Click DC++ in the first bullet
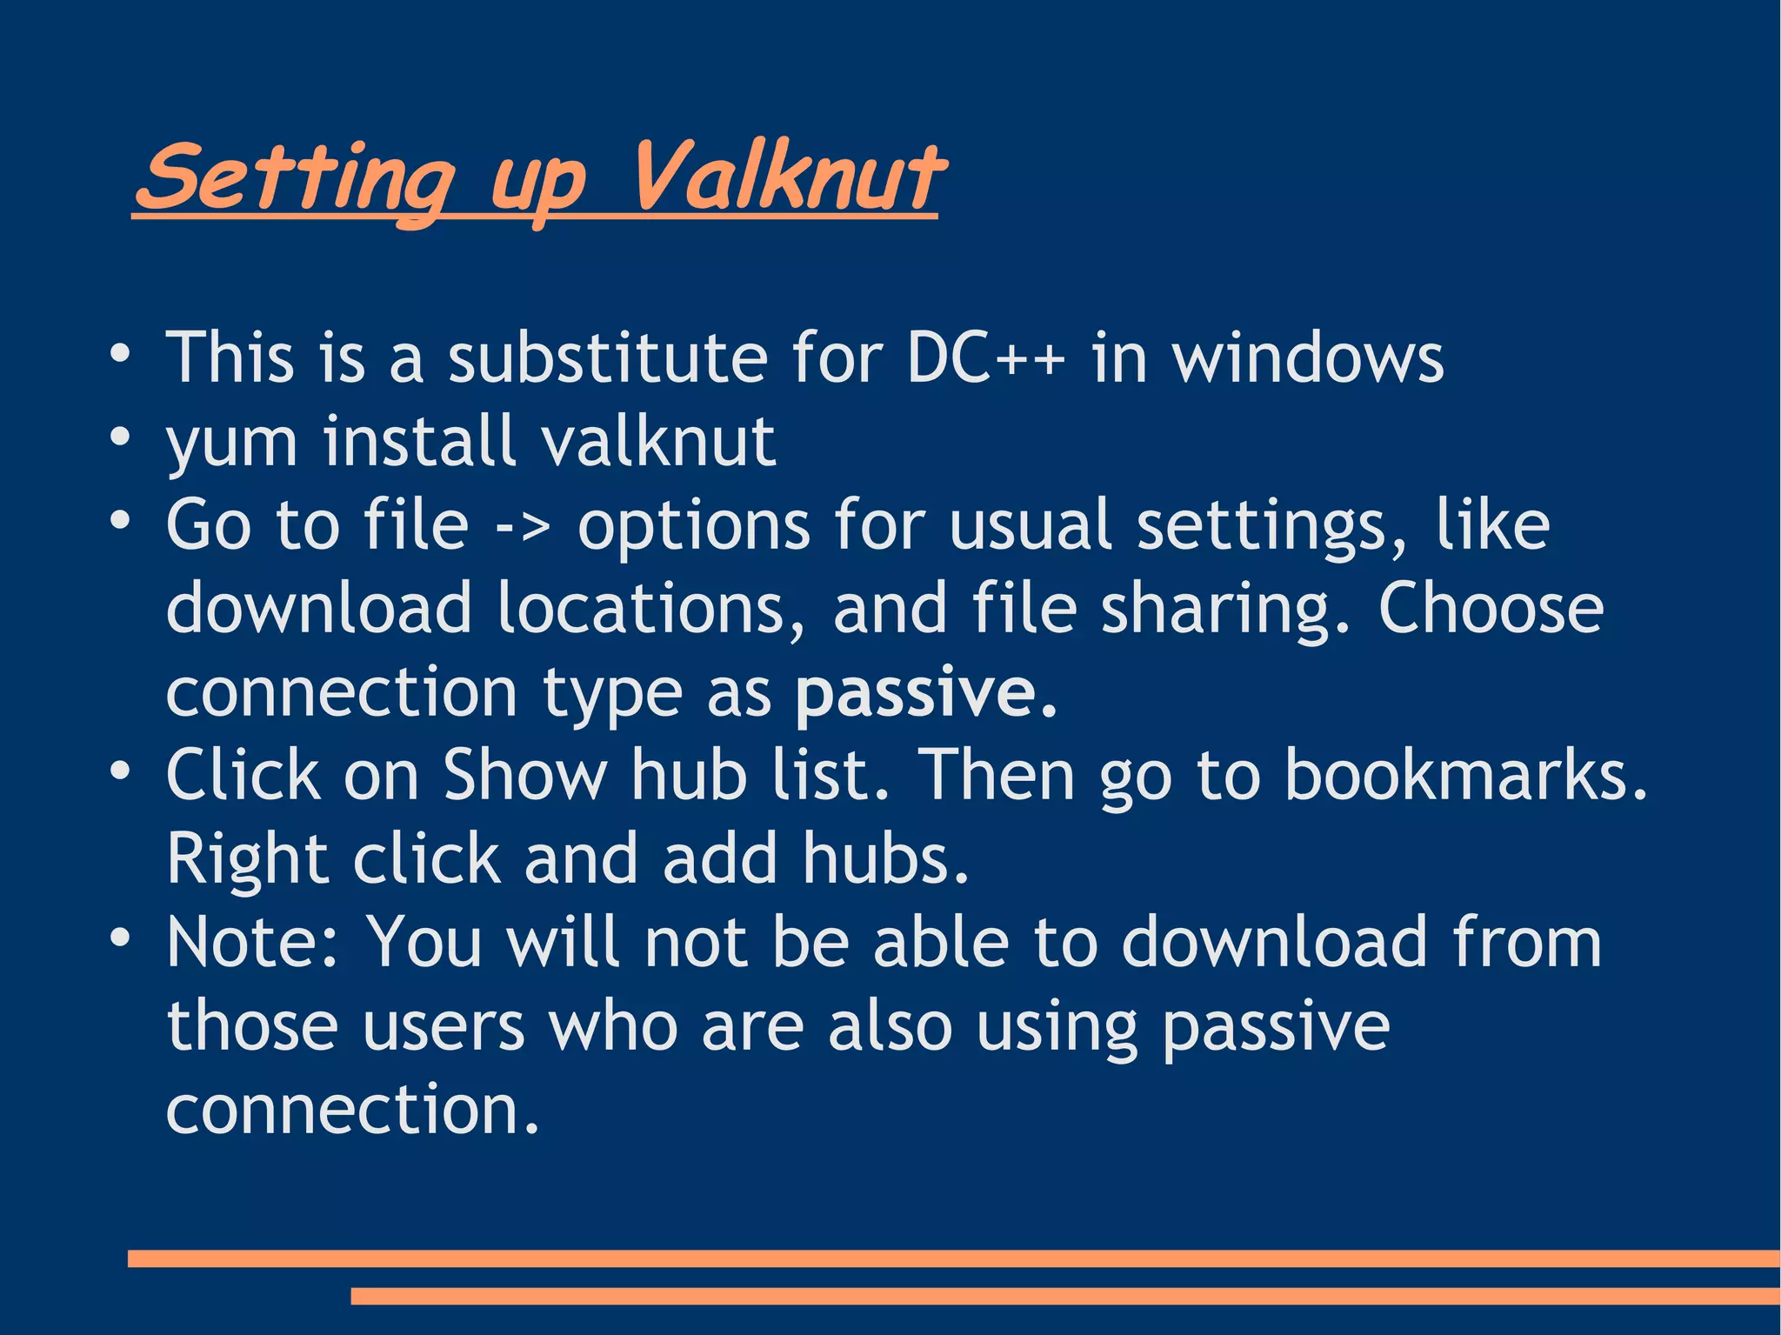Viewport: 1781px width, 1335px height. click(x=985, y=357)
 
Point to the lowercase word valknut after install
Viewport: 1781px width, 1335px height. click(x=657, y=441)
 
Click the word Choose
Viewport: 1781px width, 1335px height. click(x=1491, y=608)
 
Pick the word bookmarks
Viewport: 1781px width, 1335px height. click(x=1465, y=774)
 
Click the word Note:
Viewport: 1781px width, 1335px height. click(x=253, y=942)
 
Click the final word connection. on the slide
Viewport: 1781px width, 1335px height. click(x=352, y=1110)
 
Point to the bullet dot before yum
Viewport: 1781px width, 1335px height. click(x=120, y=435)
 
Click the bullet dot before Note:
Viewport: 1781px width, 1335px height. click(x=120, y=937)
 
